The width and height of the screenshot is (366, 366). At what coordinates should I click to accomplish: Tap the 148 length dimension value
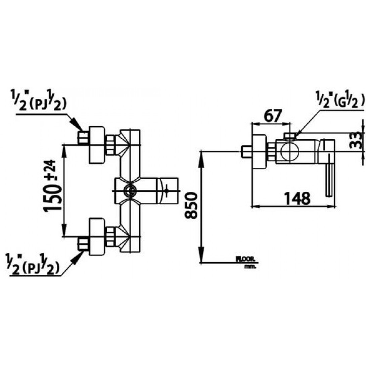pyautogui.click(x=296, y=198)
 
